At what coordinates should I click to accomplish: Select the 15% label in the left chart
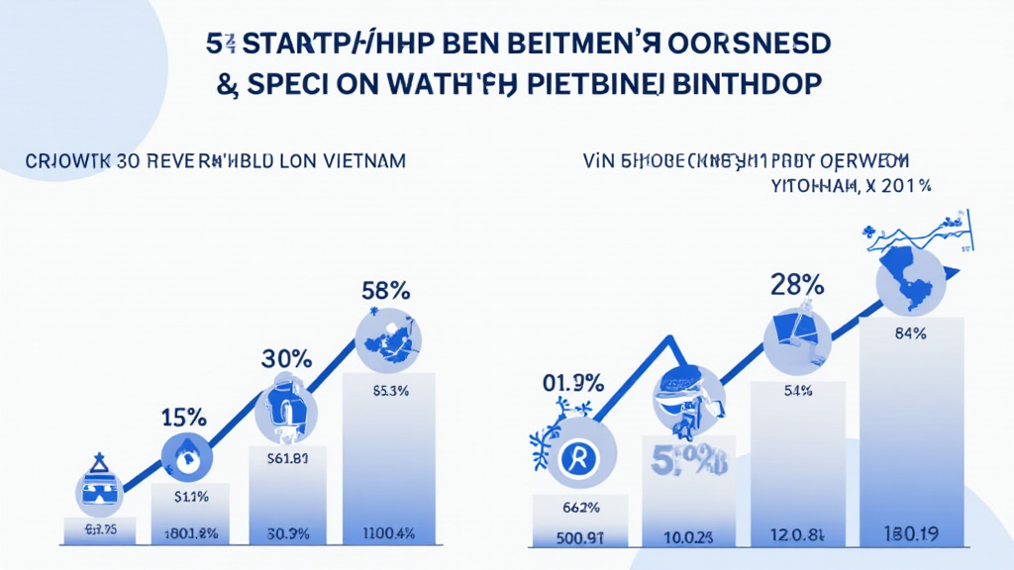[x=185, y=417]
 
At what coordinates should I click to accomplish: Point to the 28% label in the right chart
[x=797, y=284]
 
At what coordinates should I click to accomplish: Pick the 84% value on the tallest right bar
[x=909, y=334]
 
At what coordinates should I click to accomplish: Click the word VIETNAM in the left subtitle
[x=365, y=160]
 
